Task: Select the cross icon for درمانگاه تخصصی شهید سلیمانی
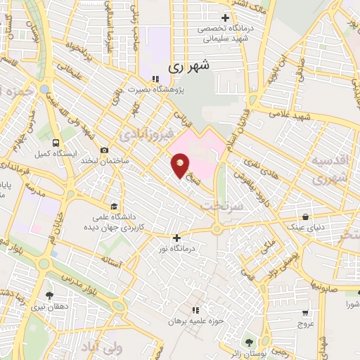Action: coord(225,18)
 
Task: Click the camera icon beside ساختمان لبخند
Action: coord(105,150)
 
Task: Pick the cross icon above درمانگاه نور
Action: coord(176,238)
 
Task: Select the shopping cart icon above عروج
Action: coord(305,313)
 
